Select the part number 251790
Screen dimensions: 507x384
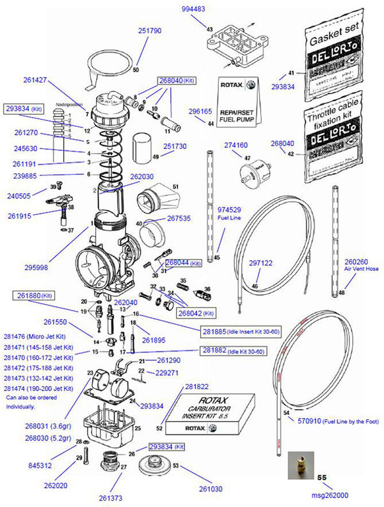pos(150,30)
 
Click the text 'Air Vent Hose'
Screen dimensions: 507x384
pos(362,270)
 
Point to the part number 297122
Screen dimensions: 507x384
pos(260,262)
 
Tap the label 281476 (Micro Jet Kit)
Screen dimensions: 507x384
pos(38,337)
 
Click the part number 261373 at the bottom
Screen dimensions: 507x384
pos(111,497)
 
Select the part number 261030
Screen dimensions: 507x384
pos(212,488)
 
